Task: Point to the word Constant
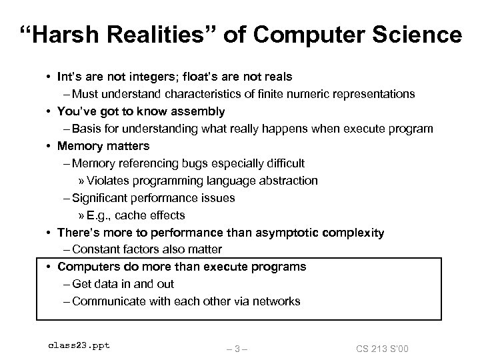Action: [95, 249]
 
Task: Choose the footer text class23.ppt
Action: [79, 345]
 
